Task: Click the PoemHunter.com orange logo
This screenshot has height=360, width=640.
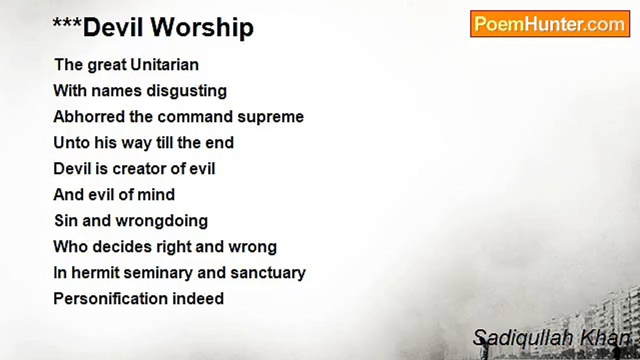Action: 550,24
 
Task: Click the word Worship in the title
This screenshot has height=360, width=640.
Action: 202,28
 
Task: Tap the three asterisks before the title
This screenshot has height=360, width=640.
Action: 67,22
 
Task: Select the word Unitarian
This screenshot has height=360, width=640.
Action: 164,64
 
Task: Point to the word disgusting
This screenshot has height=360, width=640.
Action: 187,91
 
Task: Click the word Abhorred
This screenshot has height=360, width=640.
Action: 89,116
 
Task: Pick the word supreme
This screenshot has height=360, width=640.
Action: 270,117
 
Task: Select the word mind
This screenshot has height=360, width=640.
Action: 156,194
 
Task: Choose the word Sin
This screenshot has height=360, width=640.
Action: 66,220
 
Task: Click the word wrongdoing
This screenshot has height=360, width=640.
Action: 161,221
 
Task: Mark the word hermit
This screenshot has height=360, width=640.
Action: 95,272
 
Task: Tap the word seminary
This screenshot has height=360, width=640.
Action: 158,273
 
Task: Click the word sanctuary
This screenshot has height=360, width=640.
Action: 268,273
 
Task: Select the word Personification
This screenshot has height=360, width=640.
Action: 110,299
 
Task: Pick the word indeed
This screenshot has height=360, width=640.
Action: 198,299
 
